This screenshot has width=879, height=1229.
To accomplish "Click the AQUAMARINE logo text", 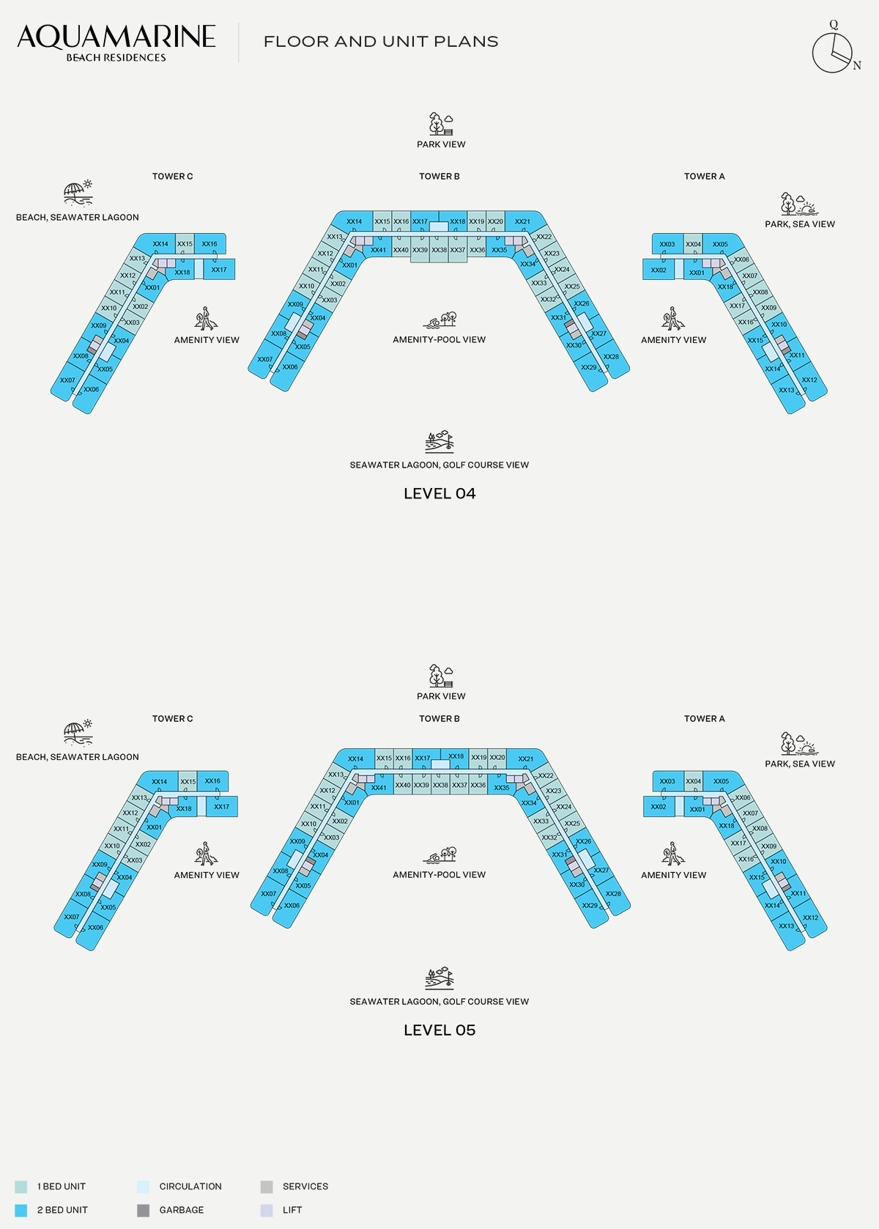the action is click(116, 37).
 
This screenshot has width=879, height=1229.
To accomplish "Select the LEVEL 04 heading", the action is click(439, 494).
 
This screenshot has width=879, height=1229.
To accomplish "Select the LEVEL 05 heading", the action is click(439, 1030).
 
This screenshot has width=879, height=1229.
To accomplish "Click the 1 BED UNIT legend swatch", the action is click(21, 1186).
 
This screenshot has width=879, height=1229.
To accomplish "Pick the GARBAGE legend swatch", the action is click(143, 1211).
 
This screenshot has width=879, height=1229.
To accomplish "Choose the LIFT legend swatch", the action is click(267, 1211).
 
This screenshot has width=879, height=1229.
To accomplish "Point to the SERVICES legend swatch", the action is click(267, 1186).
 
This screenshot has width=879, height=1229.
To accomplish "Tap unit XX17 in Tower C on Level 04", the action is click(219, 270).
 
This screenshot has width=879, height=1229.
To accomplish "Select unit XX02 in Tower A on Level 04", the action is click(659, 270).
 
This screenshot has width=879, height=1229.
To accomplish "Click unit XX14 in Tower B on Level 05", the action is click(355, 759).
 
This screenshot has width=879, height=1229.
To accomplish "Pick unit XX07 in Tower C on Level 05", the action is click(70, 918).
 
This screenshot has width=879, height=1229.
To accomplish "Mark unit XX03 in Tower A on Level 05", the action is click(668, 780).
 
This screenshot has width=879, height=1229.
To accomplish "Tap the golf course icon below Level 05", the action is click(439, 979).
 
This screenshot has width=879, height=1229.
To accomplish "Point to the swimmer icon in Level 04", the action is click(439, 320).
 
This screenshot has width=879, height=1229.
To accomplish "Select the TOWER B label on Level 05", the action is click(439, 719).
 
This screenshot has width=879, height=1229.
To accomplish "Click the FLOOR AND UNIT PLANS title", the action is click(381, 42).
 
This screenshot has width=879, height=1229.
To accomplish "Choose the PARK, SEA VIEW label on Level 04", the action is click(799, 224).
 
